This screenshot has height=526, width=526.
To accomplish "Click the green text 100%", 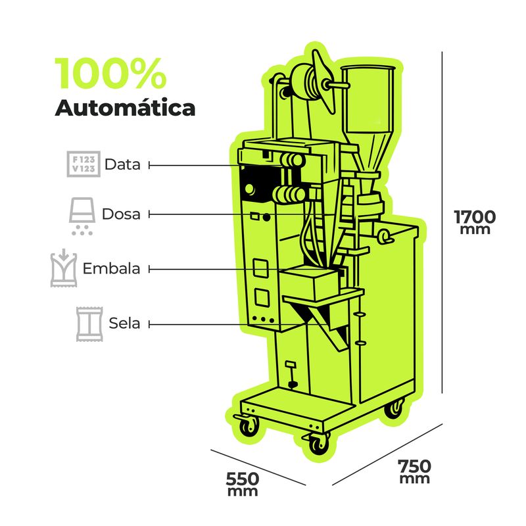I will [x=110, y=74].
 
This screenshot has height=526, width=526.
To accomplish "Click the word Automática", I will [x=125, y=107].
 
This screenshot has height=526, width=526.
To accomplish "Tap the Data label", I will [x=122, y=164].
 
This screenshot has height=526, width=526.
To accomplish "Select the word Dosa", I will [x=121, y=214].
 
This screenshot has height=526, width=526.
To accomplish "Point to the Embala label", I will [x=111, y=269].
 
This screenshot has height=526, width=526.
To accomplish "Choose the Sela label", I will [x=125, y=323].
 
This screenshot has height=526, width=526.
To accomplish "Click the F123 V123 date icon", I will [x=84, y=164].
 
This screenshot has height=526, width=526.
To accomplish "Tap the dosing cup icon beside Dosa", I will [x=82, y=215].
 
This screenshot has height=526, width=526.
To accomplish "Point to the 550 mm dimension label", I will [x=242, y=483].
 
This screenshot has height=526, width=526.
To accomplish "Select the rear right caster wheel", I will [x=394, y=408].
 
